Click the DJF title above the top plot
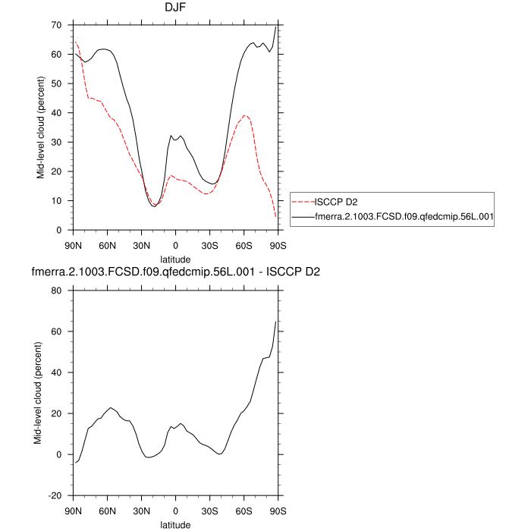click(175, 8)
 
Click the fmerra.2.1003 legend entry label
click(404, 216)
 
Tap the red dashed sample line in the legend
click(303, 202)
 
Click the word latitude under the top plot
click(175, 259)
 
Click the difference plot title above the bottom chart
click(175, 272)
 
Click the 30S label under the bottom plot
click(209, 511)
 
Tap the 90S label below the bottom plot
click(278, 511)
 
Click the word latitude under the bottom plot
click(175, 524)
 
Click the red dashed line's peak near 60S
click(244, 115)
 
